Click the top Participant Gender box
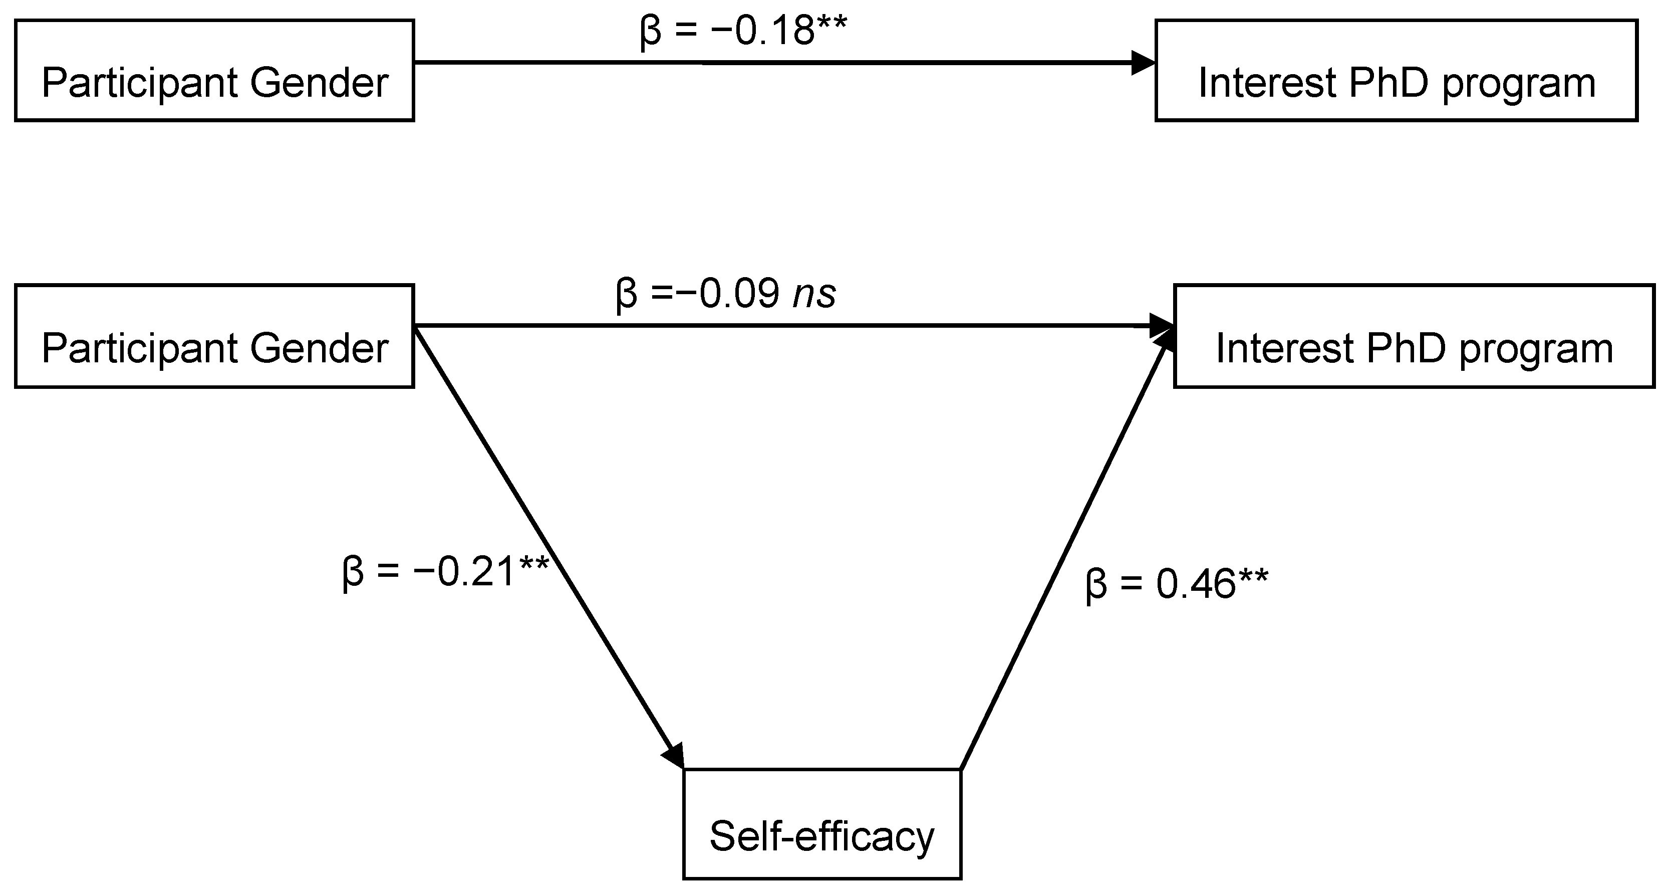214,70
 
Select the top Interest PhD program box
1396,70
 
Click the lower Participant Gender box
214,336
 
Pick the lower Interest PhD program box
1415,336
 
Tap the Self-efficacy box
822,824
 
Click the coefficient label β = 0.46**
1177,584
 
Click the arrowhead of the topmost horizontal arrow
1143,63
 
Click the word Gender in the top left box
320,83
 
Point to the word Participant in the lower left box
139,349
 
